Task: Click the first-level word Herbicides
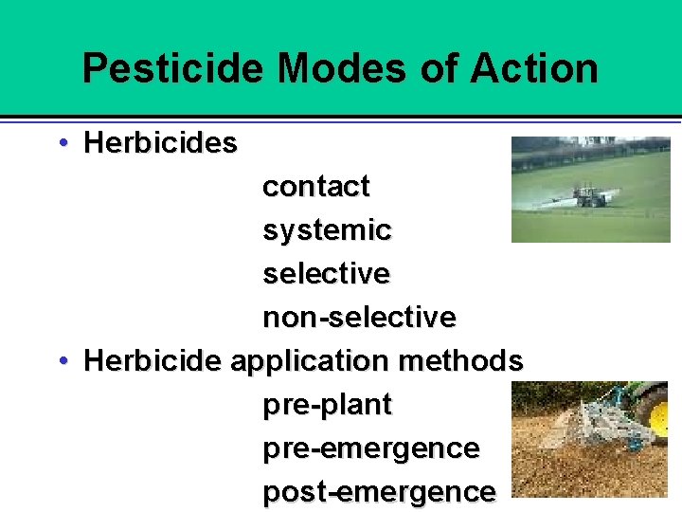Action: pos(160,143)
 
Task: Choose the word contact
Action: pos(315,187)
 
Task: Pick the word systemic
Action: pos(327,230)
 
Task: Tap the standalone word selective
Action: pos(326,274)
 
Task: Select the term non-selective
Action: pos(359,317)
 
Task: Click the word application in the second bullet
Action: pos(311,361)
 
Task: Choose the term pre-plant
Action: pos(327,405)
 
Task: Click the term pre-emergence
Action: pos(370,448)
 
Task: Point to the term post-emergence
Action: pos(378,492)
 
